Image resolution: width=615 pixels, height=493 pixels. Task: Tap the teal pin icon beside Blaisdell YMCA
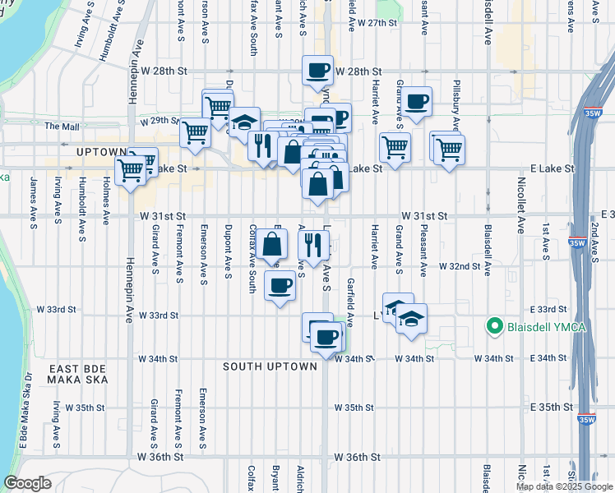[x=495, y=326]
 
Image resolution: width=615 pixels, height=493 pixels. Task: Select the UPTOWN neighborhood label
[x=100, y=153]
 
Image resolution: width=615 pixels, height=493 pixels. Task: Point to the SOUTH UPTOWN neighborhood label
[x=270, y=366]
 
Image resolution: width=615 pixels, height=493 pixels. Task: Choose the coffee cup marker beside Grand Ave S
[x=417, y=102]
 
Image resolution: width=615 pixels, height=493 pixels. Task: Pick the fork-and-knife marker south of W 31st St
[x=313, y=244]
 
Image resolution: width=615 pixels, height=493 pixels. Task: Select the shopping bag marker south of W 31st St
[x=271, y=244]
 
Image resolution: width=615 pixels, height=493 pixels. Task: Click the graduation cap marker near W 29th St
[x=243, y=122]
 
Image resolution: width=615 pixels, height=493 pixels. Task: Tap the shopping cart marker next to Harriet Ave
[x=395, y=149]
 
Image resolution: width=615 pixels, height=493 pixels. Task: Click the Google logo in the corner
[x=27, y=483]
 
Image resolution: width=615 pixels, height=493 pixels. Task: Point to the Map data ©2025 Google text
[x=563, y=486]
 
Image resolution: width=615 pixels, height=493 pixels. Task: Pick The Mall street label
[x=62, y=127]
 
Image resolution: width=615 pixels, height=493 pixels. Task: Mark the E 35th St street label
[x=551, y=408]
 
